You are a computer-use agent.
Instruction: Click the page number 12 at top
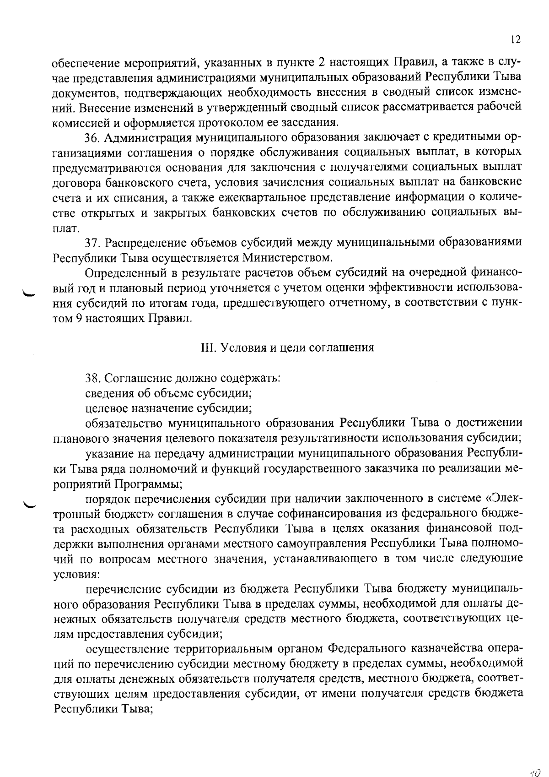515,40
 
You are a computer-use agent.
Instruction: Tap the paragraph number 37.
93,243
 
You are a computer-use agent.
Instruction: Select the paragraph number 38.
93,378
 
